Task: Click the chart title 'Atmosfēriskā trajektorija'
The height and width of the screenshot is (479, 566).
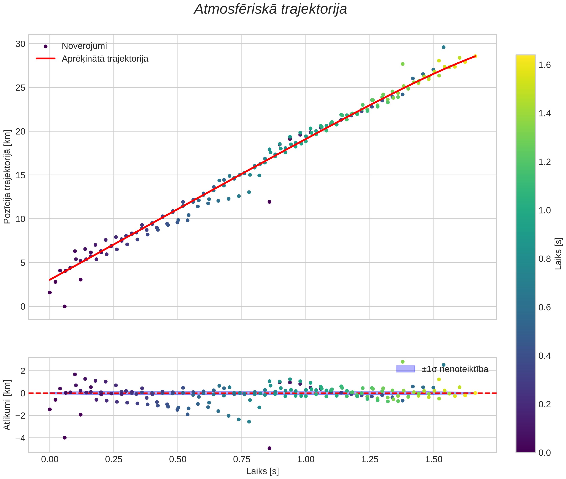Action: (270, 9)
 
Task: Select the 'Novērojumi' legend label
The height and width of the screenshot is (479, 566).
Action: (84, 46)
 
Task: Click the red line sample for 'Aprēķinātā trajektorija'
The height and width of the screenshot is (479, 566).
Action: (46, 59)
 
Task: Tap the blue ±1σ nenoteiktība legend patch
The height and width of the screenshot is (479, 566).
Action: (405, 369)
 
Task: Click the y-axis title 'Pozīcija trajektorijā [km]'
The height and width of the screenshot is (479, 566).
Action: (7, 177)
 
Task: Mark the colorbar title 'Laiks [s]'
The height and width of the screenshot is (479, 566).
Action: (558, 254)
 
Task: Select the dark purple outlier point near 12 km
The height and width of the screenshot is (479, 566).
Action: (269, 202)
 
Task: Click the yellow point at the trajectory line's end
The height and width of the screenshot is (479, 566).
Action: (475, 56)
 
